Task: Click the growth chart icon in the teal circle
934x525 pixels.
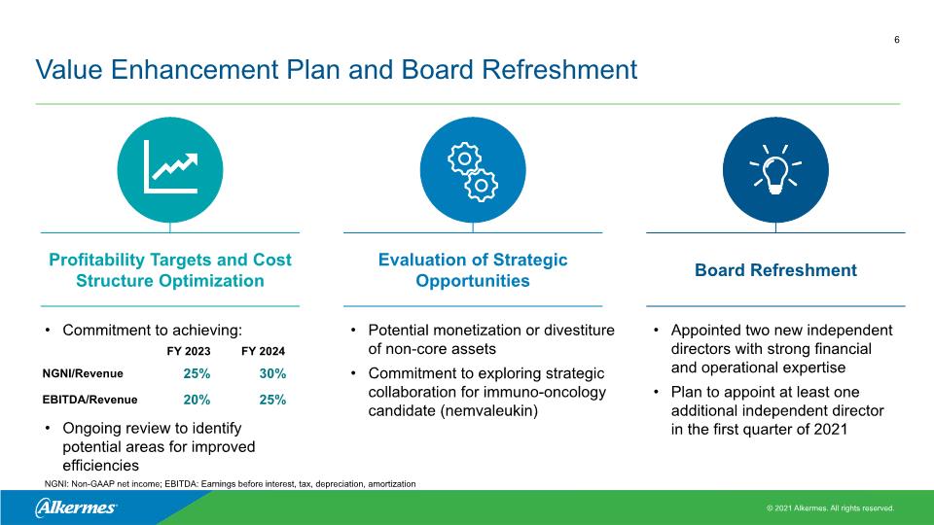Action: pyautogui.click(x=171, y=166)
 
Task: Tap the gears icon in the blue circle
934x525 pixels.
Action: pyautogui.click(x=473, y=172)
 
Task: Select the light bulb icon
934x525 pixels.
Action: pyautogui.click(x=775, y=169)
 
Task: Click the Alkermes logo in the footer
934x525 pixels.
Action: pyautogui.click(x=76, y=507)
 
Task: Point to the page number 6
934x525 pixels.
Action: pyautogui.click(x=896, y=40)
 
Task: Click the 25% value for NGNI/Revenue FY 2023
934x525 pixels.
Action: pyautogui.click(x=197, y=373)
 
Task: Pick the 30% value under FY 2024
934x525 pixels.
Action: pyautogui.click(x=272, y=373)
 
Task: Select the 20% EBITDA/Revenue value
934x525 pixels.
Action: pyautogui.click(x=197, y=400)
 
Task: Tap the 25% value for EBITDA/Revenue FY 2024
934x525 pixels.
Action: pyautogui.click(x=272, y=400)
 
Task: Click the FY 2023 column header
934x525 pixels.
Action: pyautogui.click(x=188, y=351)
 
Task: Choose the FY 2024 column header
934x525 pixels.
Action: pyautogui.click(x=263, y=351)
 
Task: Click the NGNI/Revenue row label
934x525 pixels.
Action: pyautogui.click(x=83, y=373)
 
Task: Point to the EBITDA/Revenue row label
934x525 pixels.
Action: pyautogui.click(x=90, y=400)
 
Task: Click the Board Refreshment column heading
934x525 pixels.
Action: pyautogui.click(x=775, y=270)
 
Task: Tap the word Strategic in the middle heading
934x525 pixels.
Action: pyautogui.click(x=530, y=261)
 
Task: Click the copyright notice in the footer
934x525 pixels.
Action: pyautogui.click(x=830, y=508)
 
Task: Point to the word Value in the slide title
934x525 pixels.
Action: pyautogui.click(x=69, y=70)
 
